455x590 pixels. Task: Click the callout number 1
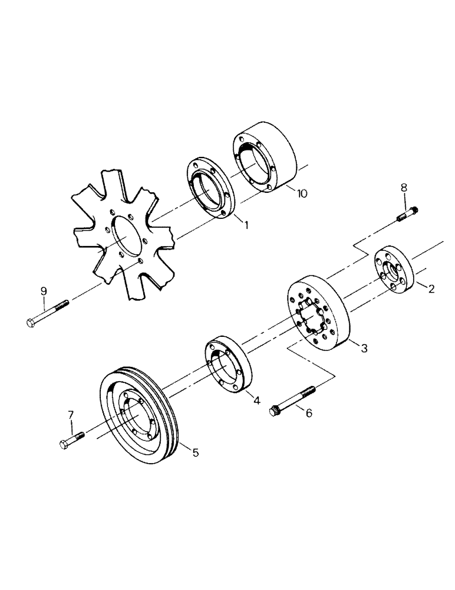(x=246, y=225)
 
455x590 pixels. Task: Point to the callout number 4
(x=257, y=401)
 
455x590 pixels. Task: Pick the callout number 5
(x=195, y=453)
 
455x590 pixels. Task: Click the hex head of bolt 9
(x=32, y=322)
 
